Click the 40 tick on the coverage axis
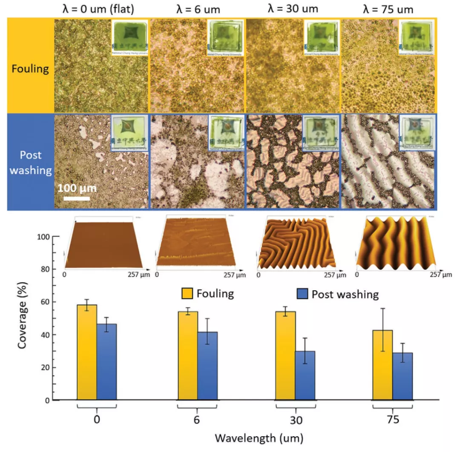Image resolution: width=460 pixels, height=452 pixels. click(45, 335)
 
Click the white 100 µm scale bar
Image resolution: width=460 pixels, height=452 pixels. click(74, 198)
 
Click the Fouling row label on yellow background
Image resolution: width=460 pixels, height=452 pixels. click(30, 68)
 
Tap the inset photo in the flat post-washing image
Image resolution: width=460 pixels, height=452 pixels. click(129, 133)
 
